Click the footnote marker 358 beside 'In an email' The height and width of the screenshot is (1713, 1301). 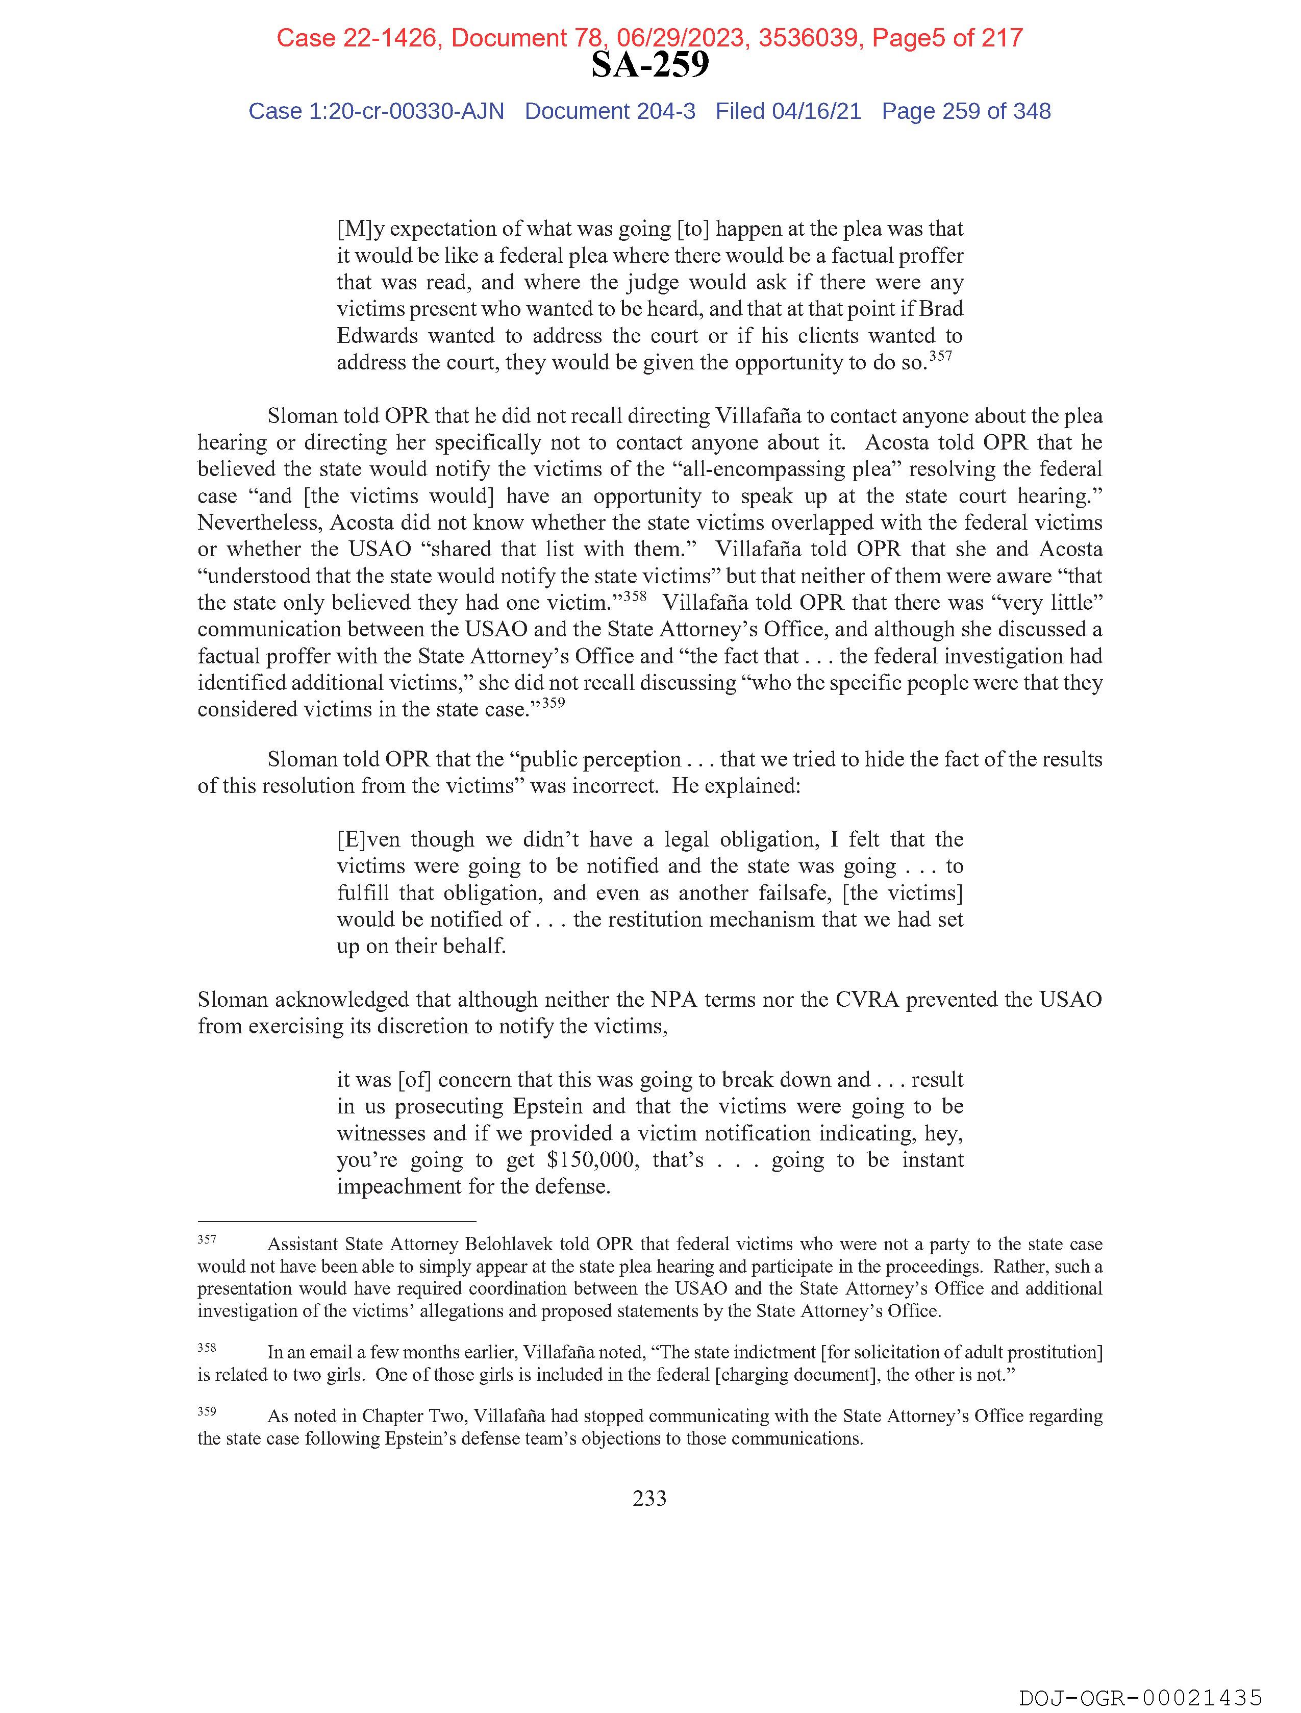click(x=207, y=1348)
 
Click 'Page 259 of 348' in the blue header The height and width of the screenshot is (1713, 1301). click(x=966, y=112)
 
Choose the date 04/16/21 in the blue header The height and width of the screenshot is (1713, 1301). click(x=816, y=112)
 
